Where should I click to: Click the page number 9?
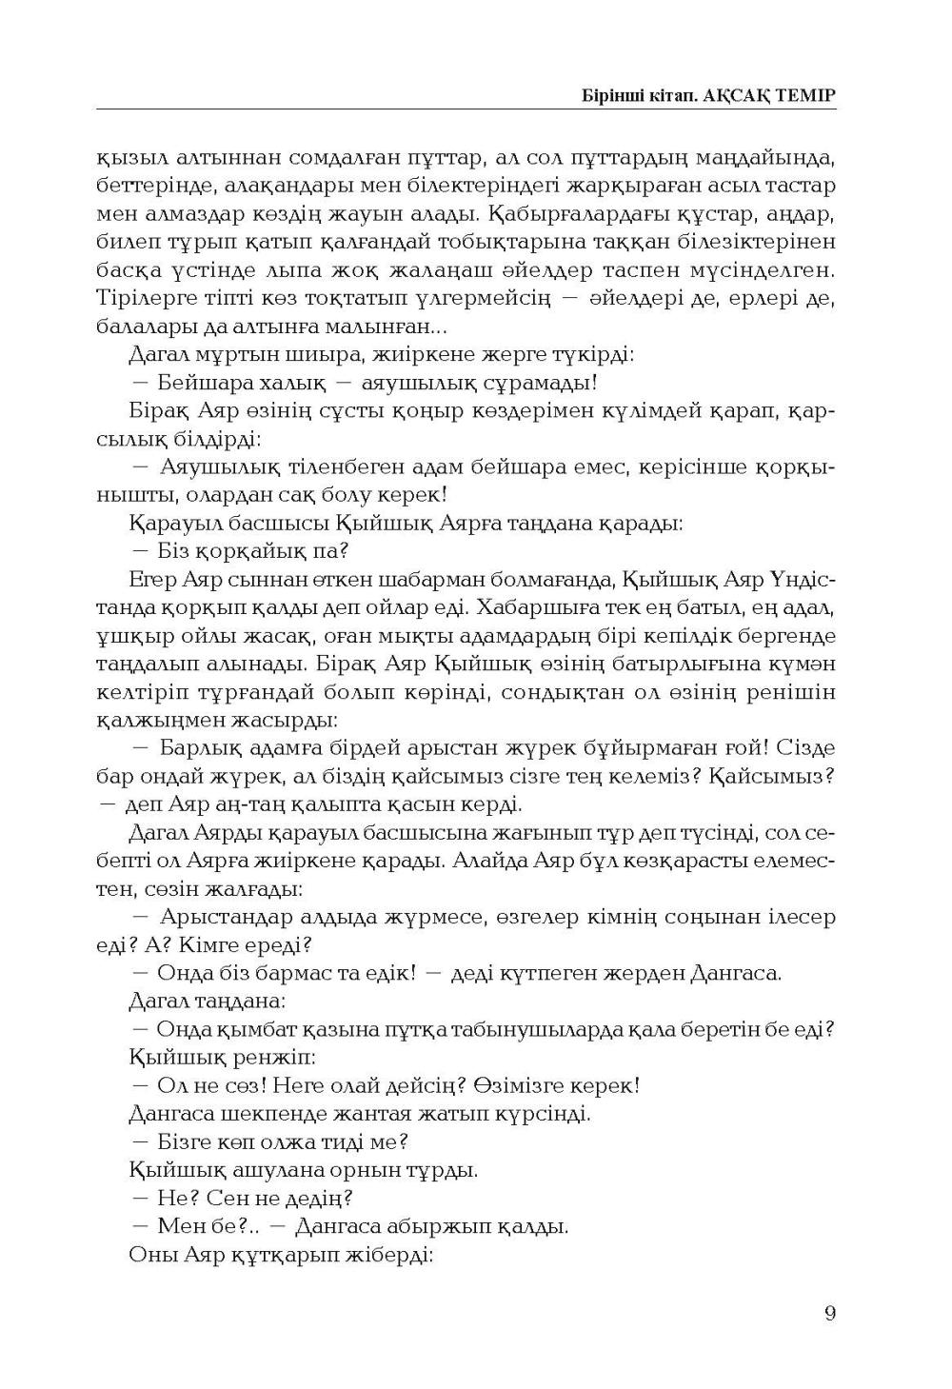(x=830, y=1314)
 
